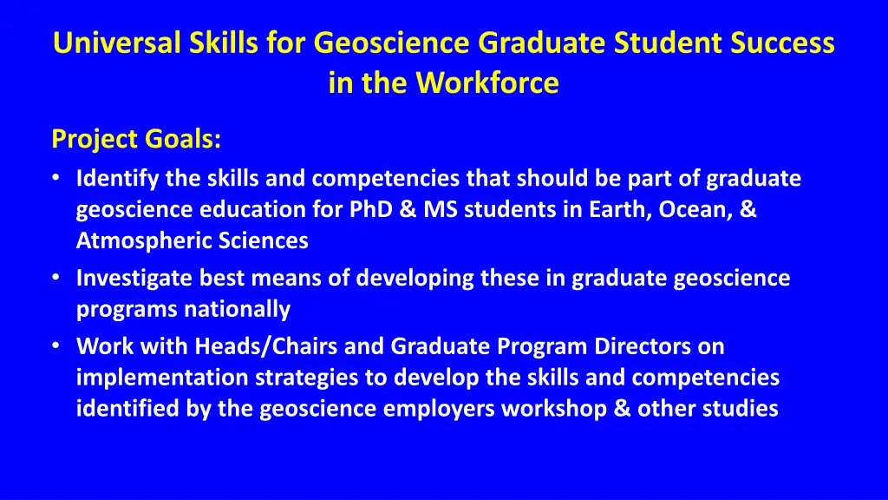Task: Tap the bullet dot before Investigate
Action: tap(55, 279)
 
